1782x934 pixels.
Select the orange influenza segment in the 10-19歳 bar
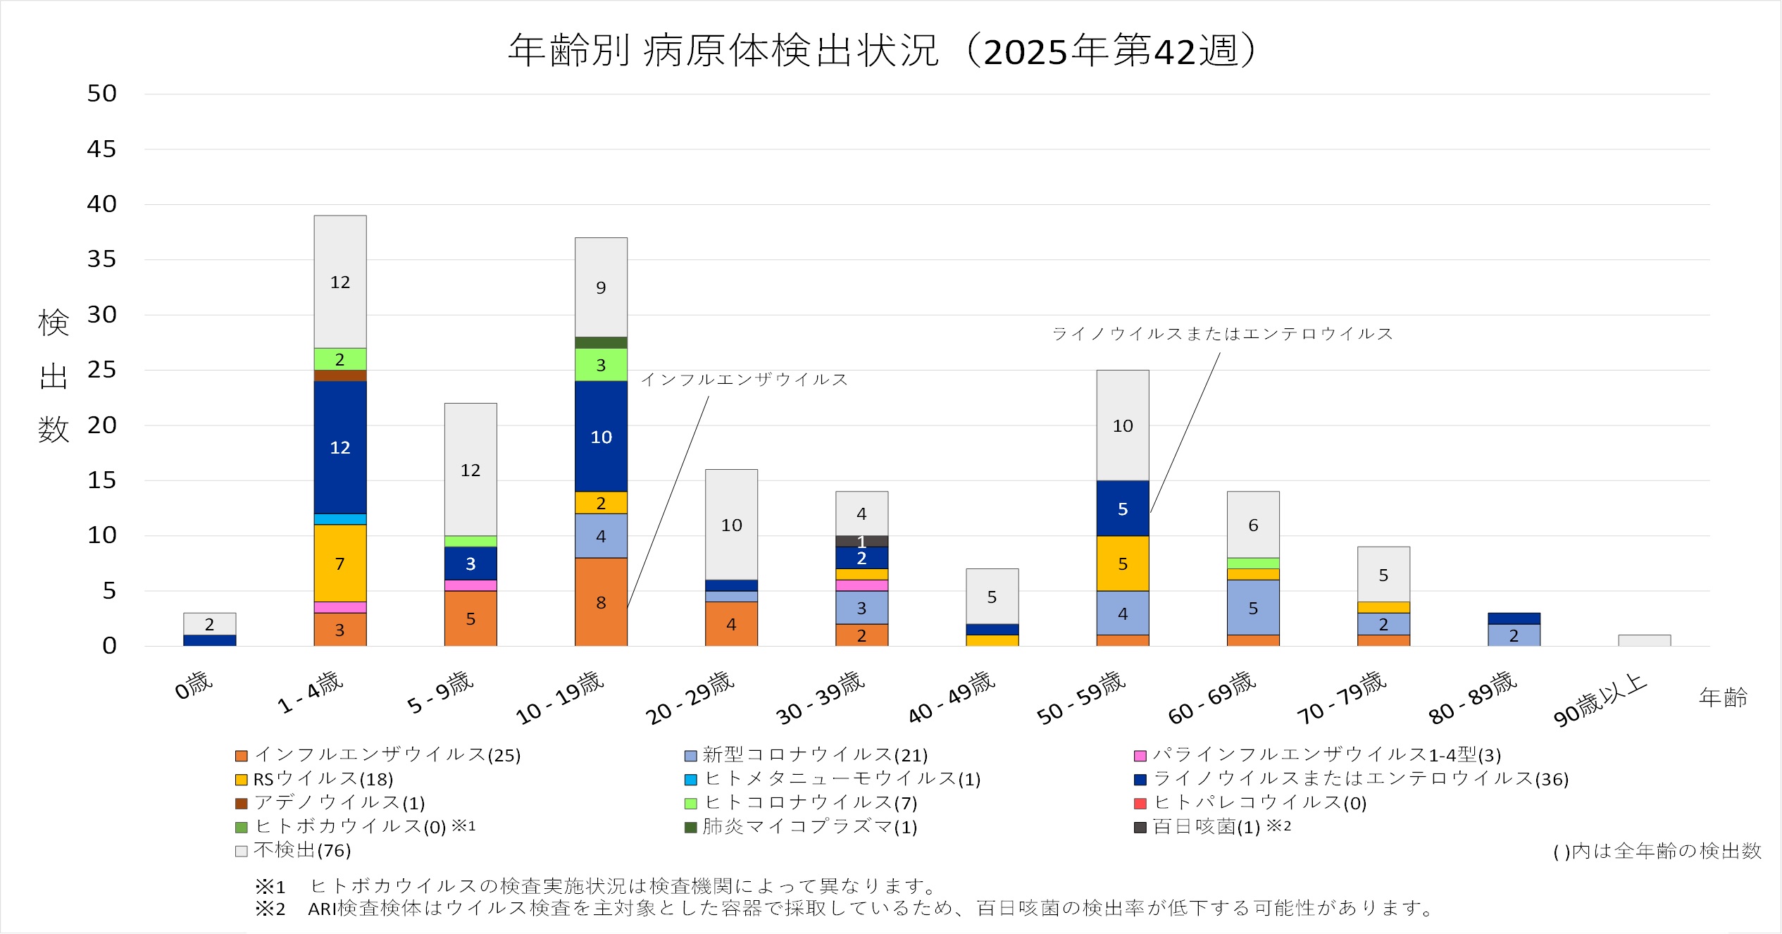click(x=601, y=602)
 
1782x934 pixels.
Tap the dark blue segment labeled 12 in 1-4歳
click(x=339, y=447)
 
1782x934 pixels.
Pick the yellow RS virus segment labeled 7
click(x=339, y=563)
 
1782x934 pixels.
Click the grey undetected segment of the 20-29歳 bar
click(x=731, y=524)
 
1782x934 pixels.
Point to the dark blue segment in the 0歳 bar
click(x=209, y=640)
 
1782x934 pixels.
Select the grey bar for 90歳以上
click(x=1644, y=640)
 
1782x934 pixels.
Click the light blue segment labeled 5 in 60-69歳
click(x=1252, y=607)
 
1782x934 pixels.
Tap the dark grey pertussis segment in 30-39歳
click(x=861, y=541)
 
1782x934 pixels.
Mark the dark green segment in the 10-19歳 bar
click(x=601, y=342)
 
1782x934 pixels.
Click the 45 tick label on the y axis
click(x=101, y=149)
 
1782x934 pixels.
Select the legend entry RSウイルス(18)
click(x=323, y=779)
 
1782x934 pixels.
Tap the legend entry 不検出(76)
click(x=301, y=850)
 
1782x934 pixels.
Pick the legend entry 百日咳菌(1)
click(x=1205, y=827)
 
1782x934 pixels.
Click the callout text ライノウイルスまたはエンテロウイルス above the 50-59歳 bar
click(x=1222, y=334)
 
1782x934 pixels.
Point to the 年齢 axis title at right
click(x=1723, y=697)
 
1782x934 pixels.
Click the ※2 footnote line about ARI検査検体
click(x=845, y=909)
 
